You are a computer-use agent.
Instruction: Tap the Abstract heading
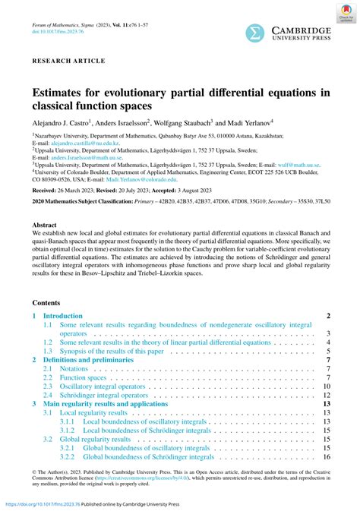45,226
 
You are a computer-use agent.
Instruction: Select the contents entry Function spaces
84,377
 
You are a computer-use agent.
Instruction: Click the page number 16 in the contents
326,457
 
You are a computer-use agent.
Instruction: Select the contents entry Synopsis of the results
112,351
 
